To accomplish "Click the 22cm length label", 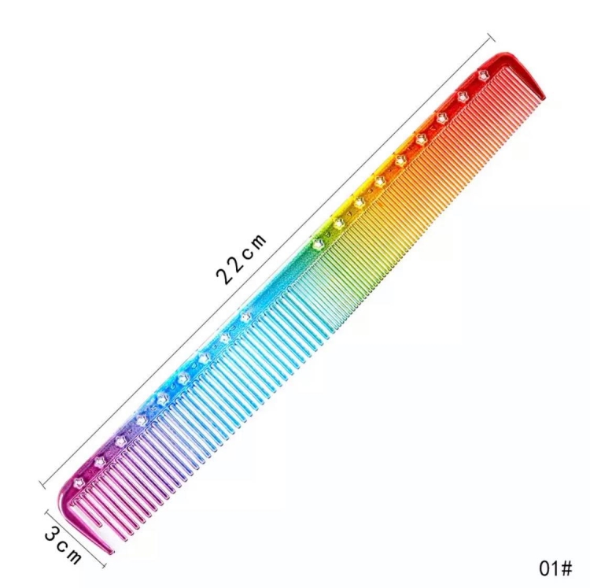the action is click(x=241, y=259).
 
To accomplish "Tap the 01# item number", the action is click(x=555, y=568).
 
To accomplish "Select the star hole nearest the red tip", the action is click(x=483, y=75).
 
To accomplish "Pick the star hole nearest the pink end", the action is click(x=79, y=483).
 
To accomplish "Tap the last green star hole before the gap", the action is click(x=319, y=244).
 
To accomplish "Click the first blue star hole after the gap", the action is click(x=245, y=317).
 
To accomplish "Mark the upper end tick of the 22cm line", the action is click(x=491, y=38).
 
